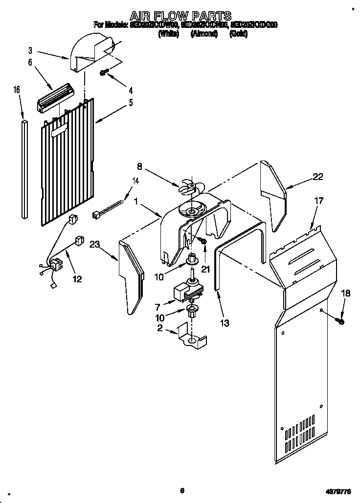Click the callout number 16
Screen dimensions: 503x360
point(17,90)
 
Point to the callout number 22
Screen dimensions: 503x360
point(317,177)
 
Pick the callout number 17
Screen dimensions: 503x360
point(319,200)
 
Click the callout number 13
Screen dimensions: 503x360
point(225,322)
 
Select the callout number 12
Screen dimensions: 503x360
point(76,279)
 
